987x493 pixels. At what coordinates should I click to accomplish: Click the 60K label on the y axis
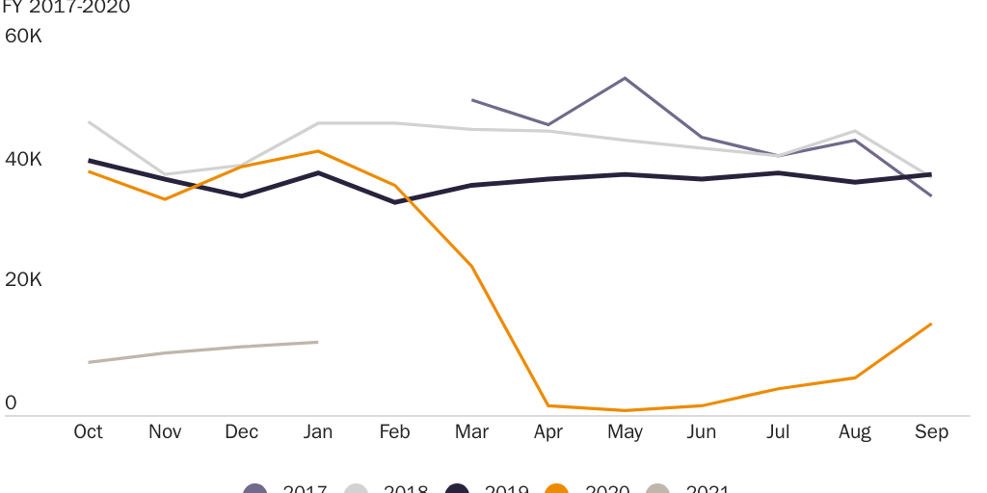(x=23, y=37)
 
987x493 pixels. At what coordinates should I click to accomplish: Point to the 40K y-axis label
(x=23, y=159)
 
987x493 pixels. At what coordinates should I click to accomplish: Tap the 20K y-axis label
(x=23, y=280)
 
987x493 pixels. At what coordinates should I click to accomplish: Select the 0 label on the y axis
(x=12, y=402)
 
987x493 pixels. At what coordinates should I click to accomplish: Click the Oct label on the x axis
(x=89, y=432)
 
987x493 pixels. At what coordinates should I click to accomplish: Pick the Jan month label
(x=318, y=432)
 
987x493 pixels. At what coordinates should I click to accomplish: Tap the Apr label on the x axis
(x=548, y=432)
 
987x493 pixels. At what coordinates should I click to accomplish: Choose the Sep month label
(x=931, y=432)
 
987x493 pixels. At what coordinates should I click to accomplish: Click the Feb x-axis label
(x=394, y=432)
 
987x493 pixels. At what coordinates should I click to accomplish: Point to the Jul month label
(x=778, y=432)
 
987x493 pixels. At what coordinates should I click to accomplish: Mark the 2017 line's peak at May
(x=625, y=78)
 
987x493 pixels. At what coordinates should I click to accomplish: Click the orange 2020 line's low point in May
(x=625, y=410)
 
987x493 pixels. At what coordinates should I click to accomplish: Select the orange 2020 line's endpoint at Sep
(x=931, y=324)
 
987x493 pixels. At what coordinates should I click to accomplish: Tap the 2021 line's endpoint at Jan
(x=318, y=342)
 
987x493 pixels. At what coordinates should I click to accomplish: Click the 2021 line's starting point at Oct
(x=89, y=362)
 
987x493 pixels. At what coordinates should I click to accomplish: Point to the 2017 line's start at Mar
(x=471, y=99)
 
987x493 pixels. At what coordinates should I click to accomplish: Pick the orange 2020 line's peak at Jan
(x=318, y=151)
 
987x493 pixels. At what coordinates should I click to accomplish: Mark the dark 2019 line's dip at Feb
(x=394, y=202)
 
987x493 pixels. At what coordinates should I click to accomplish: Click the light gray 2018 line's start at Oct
(x=89, y=122)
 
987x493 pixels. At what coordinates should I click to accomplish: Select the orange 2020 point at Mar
(x=471, y=266)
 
